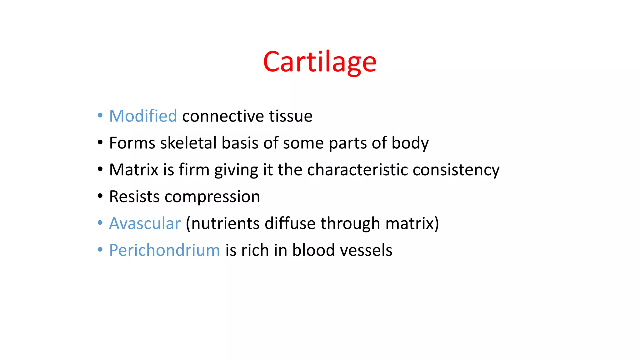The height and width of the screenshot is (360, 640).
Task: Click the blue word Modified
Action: point(143,116)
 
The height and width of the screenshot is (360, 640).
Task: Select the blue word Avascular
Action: point(145,223)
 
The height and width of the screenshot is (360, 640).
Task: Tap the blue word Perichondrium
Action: point(164,250)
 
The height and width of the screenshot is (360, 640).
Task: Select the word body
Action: point(410,143)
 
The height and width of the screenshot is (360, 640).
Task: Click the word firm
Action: point(194,170)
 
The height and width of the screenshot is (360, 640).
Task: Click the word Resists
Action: point(134,197)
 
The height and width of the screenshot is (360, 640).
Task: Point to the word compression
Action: point(212,197)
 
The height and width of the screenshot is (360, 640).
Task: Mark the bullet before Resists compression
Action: point(100,196)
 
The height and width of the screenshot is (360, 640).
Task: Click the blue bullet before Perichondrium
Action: point(100,250)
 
